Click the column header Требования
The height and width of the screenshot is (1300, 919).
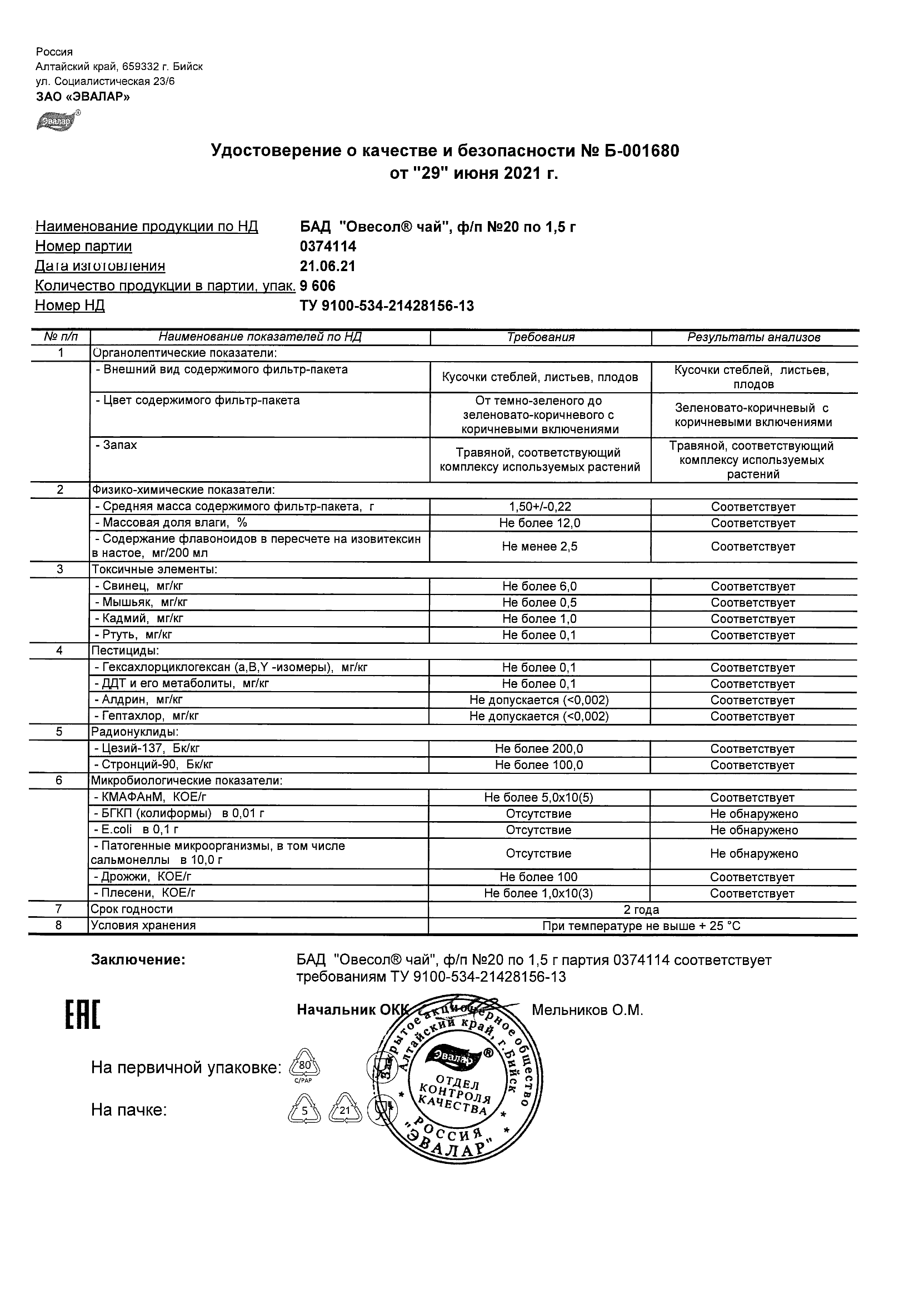point(540,337)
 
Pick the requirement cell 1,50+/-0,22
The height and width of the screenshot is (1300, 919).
point(540,507)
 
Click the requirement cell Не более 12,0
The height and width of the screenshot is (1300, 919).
point(540,523)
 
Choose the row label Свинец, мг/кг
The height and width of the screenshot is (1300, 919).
point(139,587)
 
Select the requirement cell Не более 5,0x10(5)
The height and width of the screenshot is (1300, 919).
point(538,798)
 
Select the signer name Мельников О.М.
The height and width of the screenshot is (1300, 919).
point(587,1010)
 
